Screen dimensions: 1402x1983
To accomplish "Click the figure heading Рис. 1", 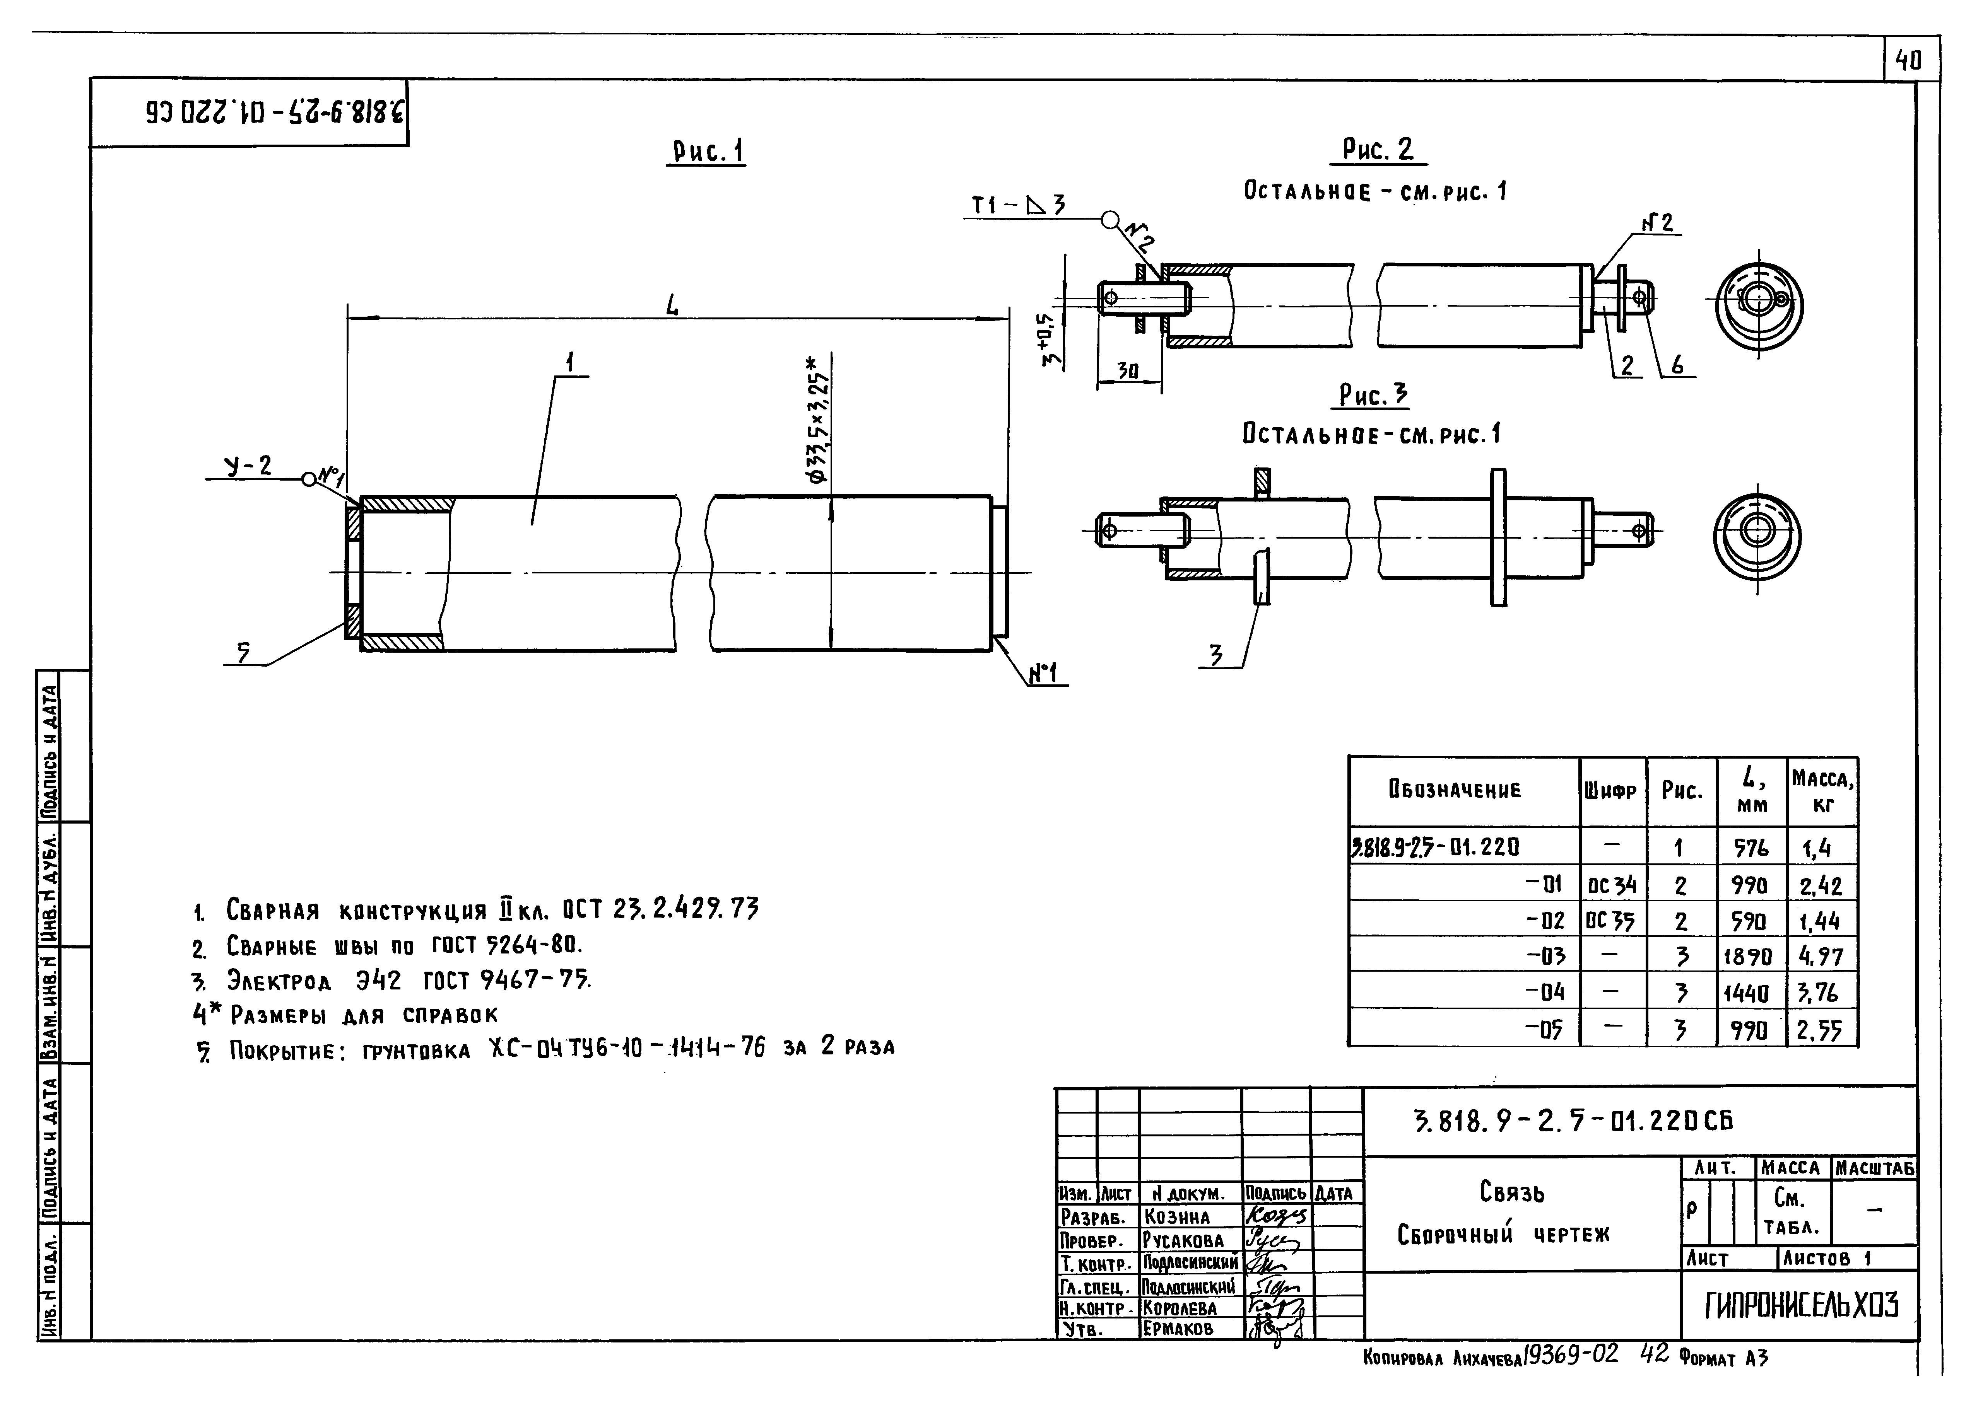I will coord(707,152).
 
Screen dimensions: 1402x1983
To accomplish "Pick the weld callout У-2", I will coord(248,467).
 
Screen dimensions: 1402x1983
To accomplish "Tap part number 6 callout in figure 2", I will coord(1676,365).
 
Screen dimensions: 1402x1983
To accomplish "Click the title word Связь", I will coord(1511,1192).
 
